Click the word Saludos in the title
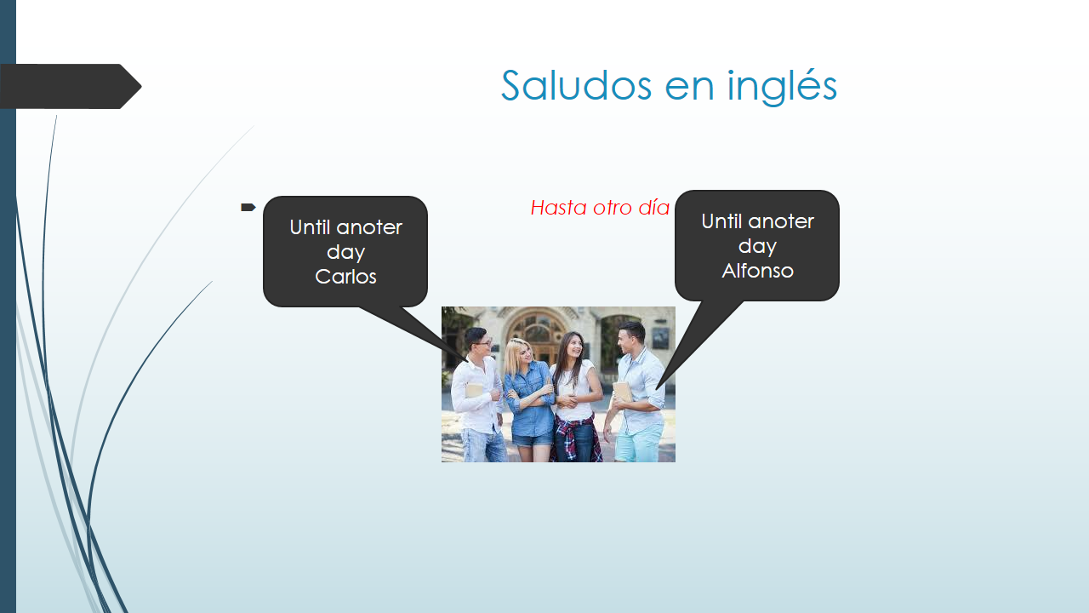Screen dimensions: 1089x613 pyautogui.click(x=577, y=85)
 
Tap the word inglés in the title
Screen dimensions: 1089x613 pyautogui.click(x=782, y=87)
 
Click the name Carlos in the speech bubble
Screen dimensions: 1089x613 pyautogui.click(x=345, y=277)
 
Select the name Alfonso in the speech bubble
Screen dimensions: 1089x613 pyautogui.click(x=757, y=271)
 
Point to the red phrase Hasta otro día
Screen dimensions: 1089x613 pyautogui.click(x=600, y=208)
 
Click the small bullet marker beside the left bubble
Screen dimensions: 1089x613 pyautogui.click(x=248, y=207)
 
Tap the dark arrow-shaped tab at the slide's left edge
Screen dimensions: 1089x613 pyautogui.click(x=71, y=86)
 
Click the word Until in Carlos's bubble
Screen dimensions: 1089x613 pyautogui.click(x=310, y=227)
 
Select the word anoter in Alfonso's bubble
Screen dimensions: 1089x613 pyautogui.click(x=781, y=221)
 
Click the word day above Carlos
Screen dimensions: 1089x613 pyautogui.click(x=345, y=253)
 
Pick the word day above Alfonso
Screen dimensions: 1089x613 pyautogui.click(x=757, y=247)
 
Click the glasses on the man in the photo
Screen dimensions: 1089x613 pyautogui.click(x=482, y=343)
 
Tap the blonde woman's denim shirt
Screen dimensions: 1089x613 pyautogui.click(x=529, y=399)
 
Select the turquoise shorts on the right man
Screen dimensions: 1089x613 pyautogui.click(x=639, y=444)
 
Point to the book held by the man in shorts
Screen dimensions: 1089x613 pyautogui.click(x=623, y=392)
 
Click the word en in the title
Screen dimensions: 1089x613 pyautogui.click(x=689, y=89)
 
